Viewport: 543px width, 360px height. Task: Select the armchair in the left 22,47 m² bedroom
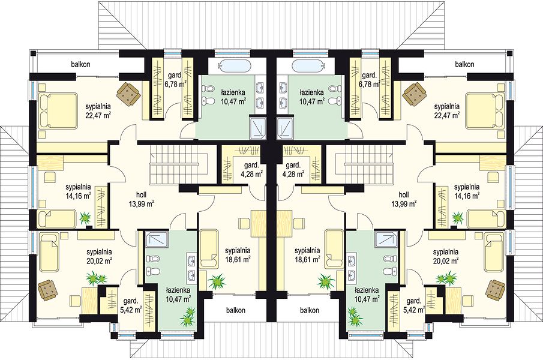tap(129, 92)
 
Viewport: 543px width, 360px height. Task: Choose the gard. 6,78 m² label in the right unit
tap(371, 79)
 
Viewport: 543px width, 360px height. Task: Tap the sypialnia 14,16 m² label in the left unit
tap(78, 191)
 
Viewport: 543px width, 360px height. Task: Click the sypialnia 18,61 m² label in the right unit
tap(307, 254)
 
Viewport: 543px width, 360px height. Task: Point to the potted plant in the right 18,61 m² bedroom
tap(325, 280)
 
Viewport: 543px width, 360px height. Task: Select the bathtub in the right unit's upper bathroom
tap(308, 65)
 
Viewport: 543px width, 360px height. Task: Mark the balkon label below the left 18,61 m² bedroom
tap(236, 310)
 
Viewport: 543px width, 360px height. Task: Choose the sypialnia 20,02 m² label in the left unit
tap(99, 255)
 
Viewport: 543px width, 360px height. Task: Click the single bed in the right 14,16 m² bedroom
tap(485, 217)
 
